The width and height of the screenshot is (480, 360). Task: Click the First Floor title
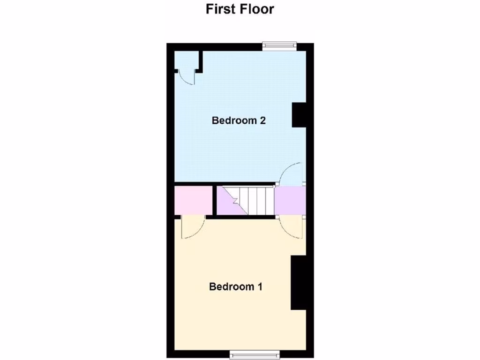pyautogui.click(x=240, y=9)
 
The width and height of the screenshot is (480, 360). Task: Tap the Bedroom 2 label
pyautogui.click(x=239, y=120)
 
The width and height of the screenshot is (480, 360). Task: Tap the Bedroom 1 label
pyautogui.click(x=235, y=286)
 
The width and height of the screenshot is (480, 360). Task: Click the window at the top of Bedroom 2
pyautogui.click(x=279, y=45)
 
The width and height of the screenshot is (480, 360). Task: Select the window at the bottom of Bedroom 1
pyautogui.click(x=255, y=353)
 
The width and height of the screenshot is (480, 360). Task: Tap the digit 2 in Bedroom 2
pyautogui.click(x=263, y=120)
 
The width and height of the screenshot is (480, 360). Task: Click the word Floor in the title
pyautogui.click(x=257, y=9)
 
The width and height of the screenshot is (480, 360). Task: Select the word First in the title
pyautogui.click(x=221, y=9)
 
